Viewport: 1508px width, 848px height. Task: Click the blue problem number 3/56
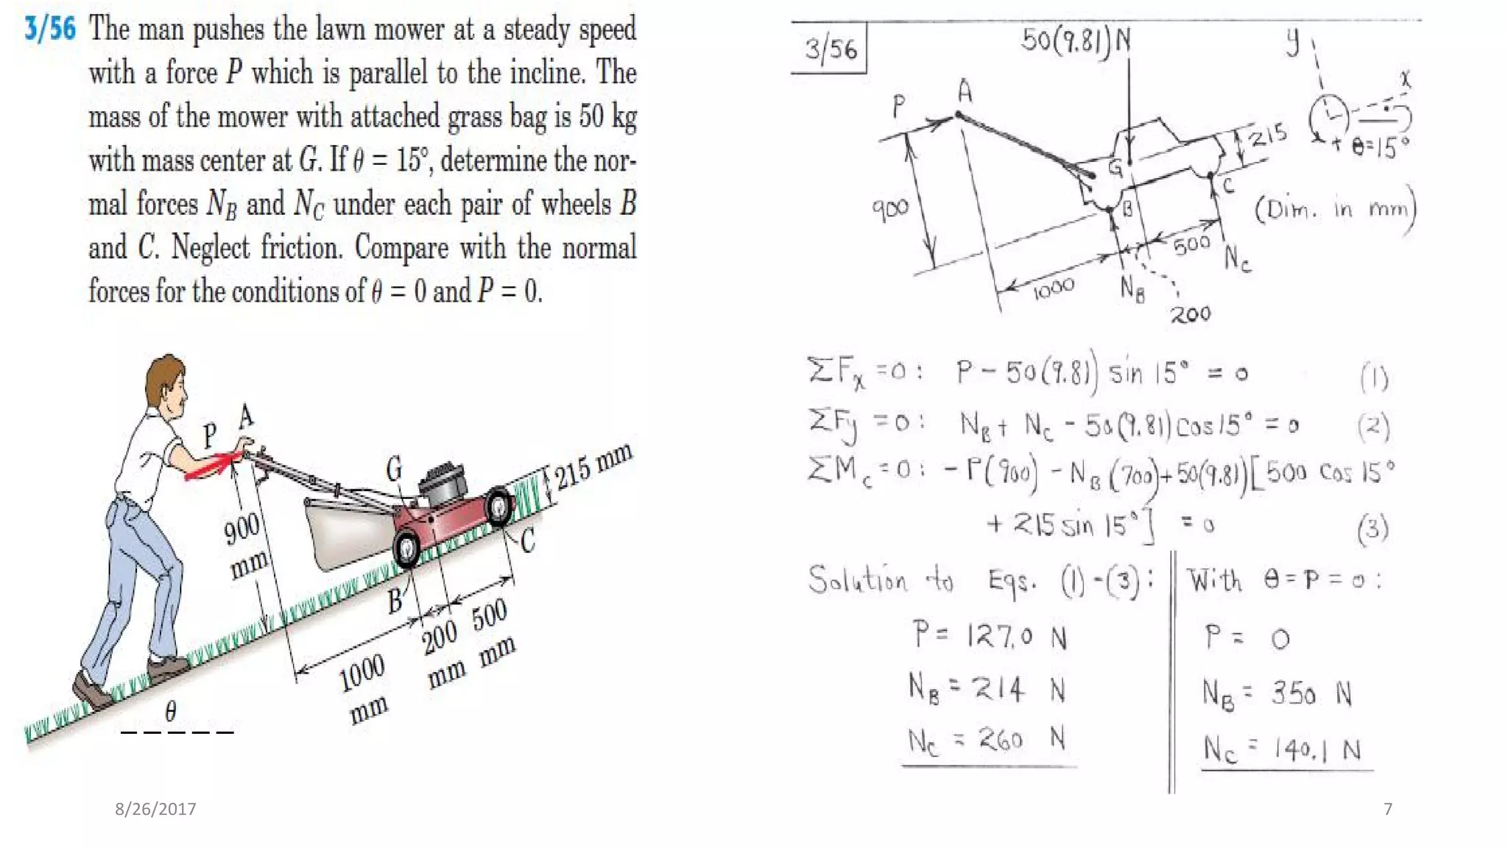[50, 29]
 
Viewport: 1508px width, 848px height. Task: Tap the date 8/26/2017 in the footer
[155, 809]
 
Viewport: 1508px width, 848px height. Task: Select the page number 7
[1388, 809]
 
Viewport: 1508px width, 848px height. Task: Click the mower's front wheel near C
[499, 506]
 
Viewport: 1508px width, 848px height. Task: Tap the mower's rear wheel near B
[406, 548]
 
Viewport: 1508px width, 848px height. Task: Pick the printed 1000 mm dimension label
[363, 687]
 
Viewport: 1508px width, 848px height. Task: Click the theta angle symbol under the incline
[171, 710]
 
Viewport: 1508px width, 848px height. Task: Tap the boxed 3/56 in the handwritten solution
[830, 49]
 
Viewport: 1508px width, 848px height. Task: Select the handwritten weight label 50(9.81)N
[1076, 40]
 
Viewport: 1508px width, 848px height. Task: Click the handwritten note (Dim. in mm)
[1335, 211]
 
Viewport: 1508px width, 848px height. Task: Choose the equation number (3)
[1373, 529]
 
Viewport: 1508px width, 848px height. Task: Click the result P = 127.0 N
[989, 635]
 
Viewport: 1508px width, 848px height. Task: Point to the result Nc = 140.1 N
[1282, 749]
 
